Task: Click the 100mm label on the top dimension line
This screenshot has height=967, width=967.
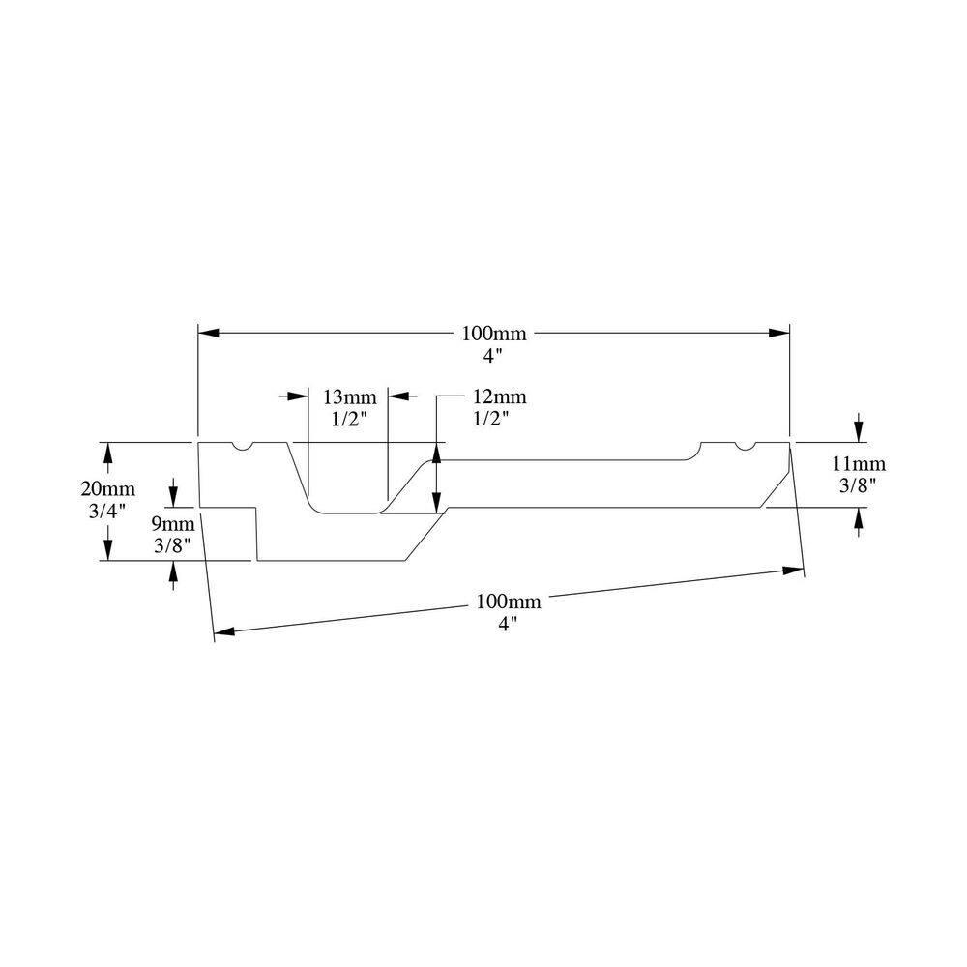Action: point(493,334)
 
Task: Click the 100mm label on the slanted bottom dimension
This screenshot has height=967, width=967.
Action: point(509,601)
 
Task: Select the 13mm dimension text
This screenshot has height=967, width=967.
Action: point(347,396)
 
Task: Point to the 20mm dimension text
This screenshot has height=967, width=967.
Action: point(107,489)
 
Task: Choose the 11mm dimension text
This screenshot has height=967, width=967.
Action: point(858,464)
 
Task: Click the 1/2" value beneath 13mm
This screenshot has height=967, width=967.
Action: point(347,418)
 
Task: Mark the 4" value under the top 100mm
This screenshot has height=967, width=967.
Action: point(493,355)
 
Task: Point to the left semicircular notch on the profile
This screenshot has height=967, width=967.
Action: point(242,447)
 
